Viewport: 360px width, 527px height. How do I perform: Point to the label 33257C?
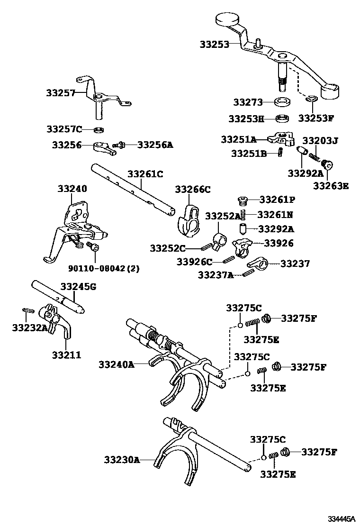click(64, 129)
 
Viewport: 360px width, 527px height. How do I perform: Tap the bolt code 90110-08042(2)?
click(100, 268)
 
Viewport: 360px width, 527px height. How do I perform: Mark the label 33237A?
click(216, 275)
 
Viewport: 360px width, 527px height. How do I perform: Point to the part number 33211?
click(66, 354)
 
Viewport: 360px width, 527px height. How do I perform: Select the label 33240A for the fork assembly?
click(117, 364)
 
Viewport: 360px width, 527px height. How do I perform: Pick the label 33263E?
click(330, 185)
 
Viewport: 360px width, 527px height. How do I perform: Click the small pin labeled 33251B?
click(281, 152)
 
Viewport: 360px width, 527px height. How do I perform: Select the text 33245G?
click(78, 286)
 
